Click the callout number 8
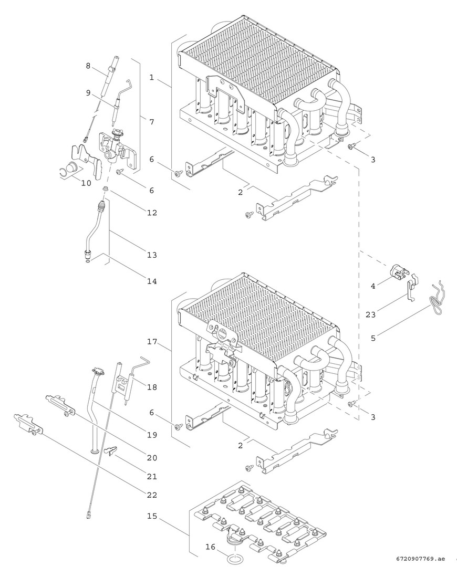(x=88, y=66)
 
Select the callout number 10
(x=86, y=183)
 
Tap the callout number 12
(x=152, y=213)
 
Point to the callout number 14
(x=152, y=281)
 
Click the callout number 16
(x=210, y=547)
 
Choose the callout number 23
(x=370, y=314)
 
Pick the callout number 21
(x=152, y=477)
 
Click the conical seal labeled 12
(x=105, y=188)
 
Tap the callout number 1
(x=152, y=77)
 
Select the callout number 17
(x=152, y=341)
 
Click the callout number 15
(x=152, y=516)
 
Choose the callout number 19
(x=152, y=435)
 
